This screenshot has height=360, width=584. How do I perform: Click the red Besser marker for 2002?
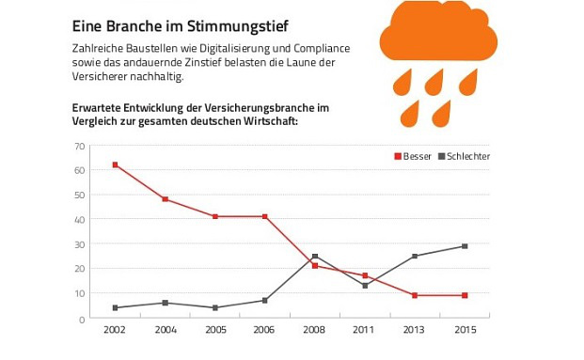(x=116, y=164)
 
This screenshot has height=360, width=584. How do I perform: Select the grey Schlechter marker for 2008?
(x=315, y=256)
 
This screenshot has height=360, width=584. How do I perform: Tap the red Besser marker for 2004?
(x=166, y=199)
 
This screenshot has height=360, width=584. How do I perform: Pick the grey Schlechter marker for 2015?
(x=465, y=246)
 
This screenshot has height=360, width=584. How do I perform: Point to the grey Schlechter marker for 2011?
(x=365, y=286)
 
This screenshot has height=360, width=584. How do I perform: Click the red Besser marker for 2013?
(x=415, y=295)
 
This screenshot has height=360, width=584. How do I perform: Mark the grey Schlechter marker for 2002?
(x=116, y=307)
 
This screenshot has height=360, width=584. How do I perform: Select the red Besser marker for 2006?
(x=265, y=216)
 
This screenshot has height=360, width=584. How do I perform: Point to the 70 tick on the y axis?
(x=80, y=146)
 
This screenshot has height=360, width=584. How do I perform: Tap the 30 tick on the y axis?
(x=80, y=244)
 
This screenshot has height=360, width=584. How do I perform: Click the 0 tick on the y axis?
(x=83, y=319)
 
